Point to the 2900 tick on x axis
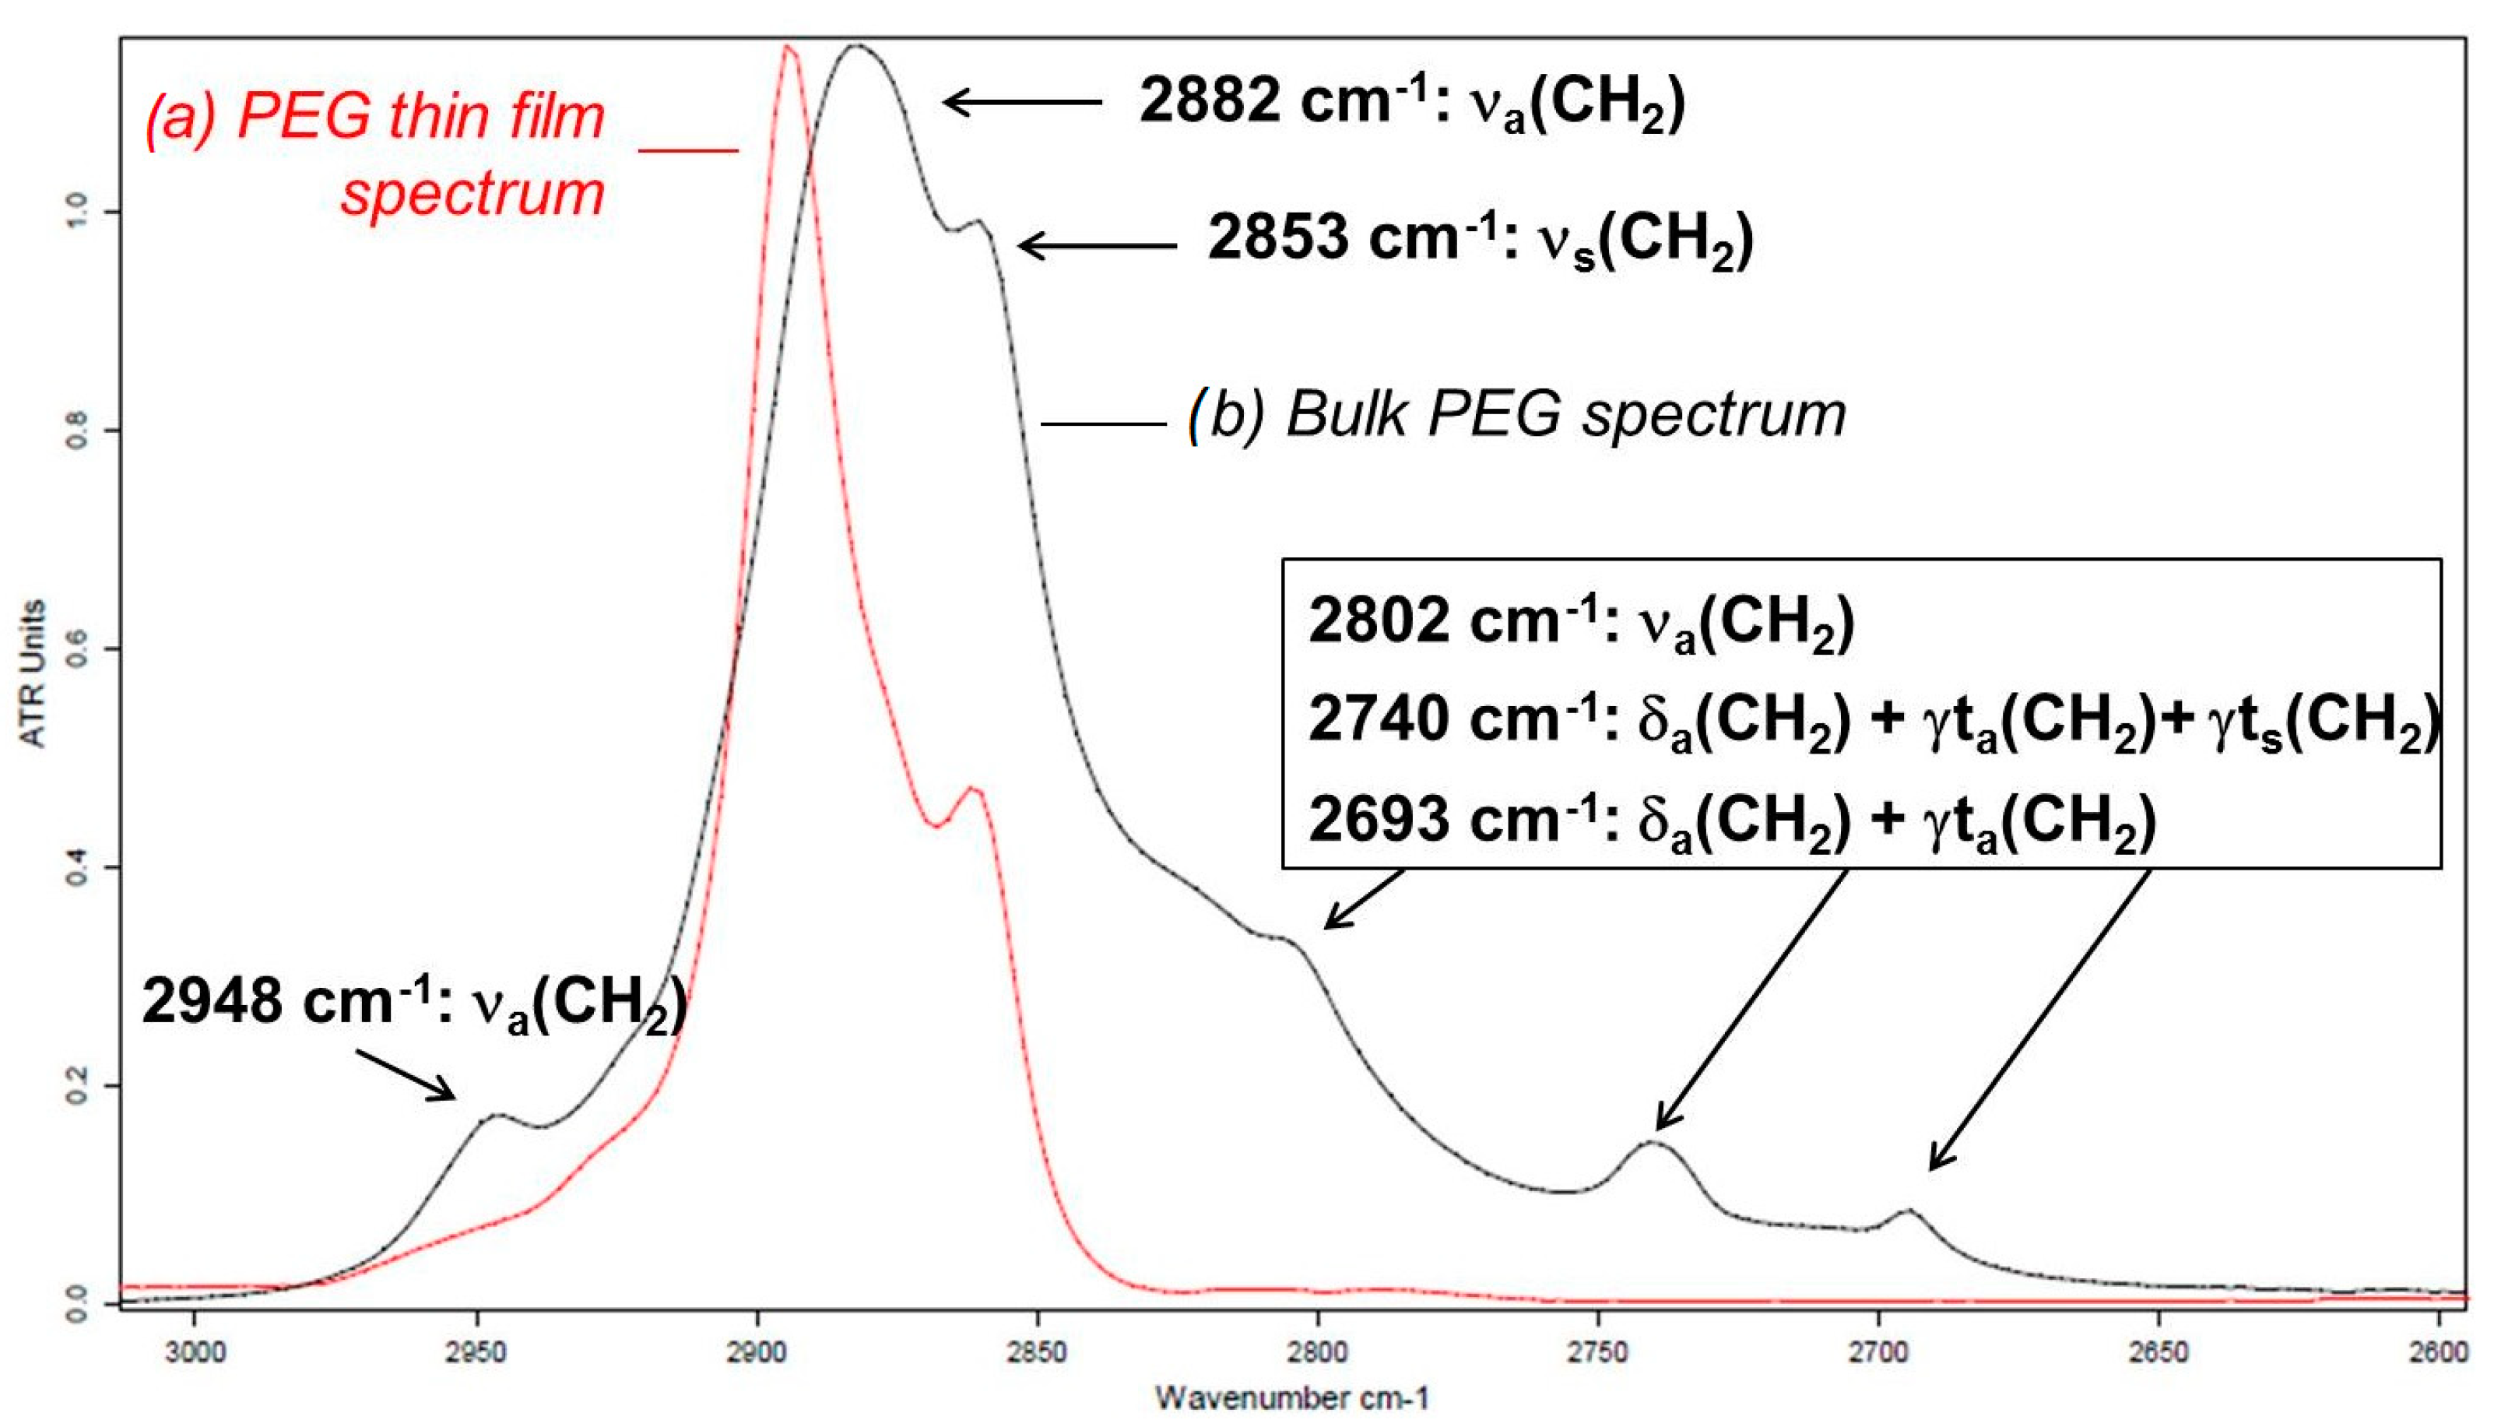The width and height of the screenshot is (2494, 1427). (x=757, y=1352)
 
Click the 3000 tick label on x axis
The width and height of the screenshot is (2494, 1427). (x=195, y=1352)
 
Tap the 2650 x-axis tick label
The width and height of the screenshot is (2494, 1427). (x=2159, y=1352)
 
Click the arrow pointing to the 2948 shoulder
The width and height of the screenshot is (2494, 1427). (x=406, y=1075)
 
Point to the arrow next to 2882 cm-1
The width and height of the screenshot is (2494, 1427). (x=1022, y=101)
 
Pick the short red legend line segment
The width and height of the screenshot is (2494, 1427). (x=688, y=151)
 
